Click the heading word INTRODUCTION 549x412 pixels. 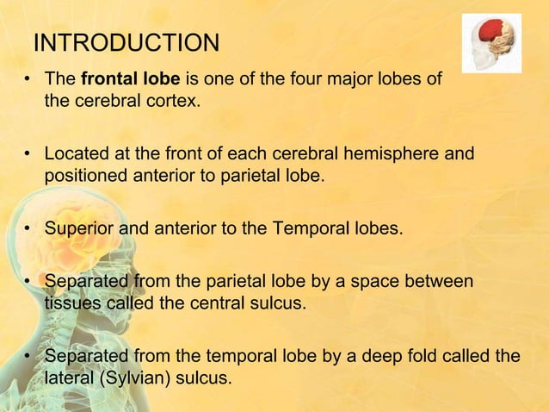coord(126,42)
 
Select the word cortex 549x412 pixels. coord(176,102)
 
